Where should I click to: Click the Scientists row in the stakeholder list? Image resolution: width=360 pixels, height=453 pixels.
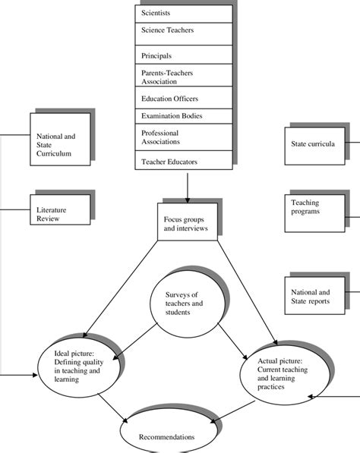click(182, 13)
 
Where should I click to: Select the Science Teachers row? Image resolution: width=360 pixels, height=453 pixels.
click(182, 32)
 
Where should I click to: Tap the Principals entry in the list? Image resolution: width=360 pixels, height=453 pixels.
click(182, 55)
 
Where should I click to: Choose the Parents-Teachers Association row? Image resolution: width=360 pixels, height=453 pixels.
click(182, 76)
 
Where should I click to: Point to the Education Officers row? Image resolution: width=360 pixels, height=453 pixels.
click(182, 98)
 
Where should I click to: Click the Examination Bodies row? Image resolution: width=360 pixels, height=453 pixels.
click(182, 116)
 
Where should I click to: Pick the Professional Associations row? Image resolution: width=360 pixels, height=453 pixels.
click(182, 137)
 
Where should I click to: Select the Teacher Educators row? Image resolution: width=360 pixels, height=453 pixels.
click(182, 161)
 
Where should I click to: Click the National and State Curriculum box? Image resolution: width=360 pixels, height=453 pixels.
click(58, 144)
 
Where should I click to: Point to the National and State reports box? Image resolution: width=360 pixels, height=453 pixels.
click(312, 295)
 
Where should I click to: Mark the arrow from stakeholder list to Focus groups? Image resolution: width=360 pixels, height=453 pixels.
click(185, 186)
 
